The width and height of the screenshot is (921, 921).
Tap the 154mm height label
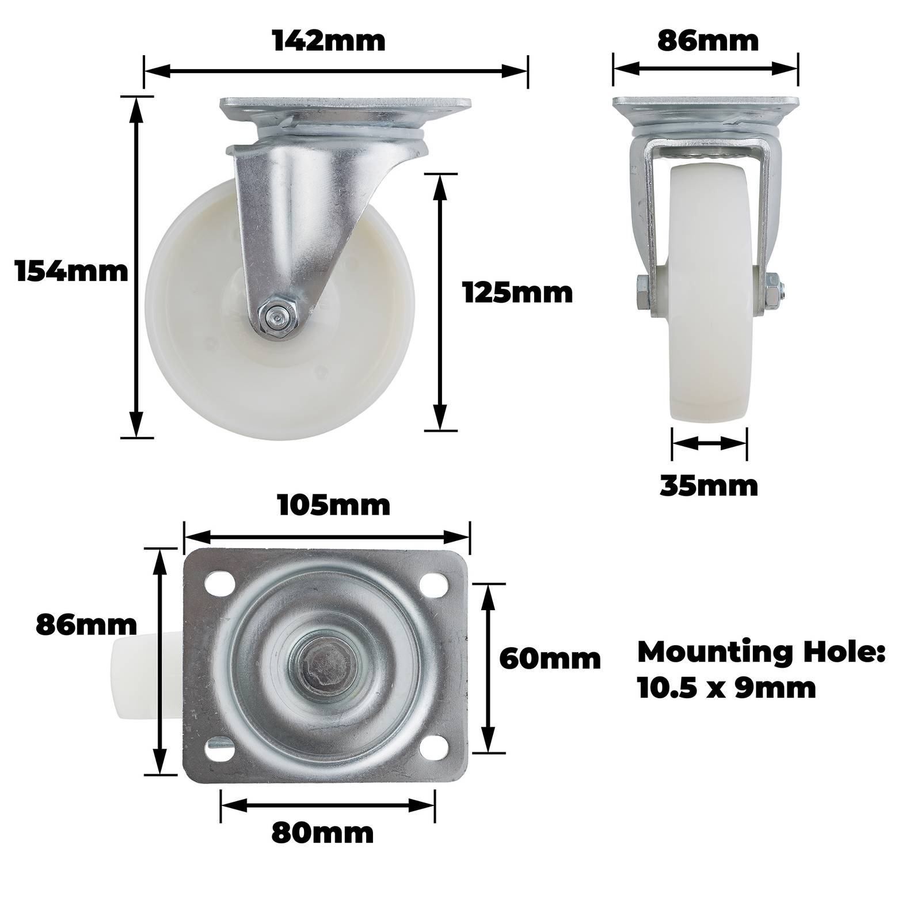click(71, 271)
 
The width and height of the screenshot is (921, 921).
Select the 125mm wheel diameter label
click(518, 294)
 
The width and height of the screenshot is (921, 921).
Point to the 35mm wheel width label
click(709, 486)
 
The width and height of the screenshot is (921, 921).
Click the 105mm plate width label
click(334, 506)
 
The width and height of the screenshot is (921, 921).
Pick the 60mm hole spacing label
click(550, 659)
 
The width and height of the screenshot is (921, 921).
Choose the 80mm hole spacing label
click(322, 833)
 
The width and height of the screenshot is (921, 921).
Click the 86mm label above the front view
click(707, 41)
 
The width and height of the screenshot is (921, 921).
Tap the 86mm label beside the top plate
click(86, 624)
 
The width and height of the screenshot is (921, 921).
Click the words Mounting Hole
click(761, 653)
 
